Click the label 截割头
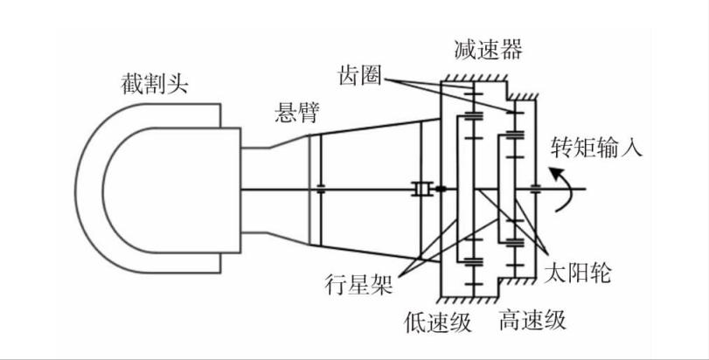pyautogui.click(x=154, y=85)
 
